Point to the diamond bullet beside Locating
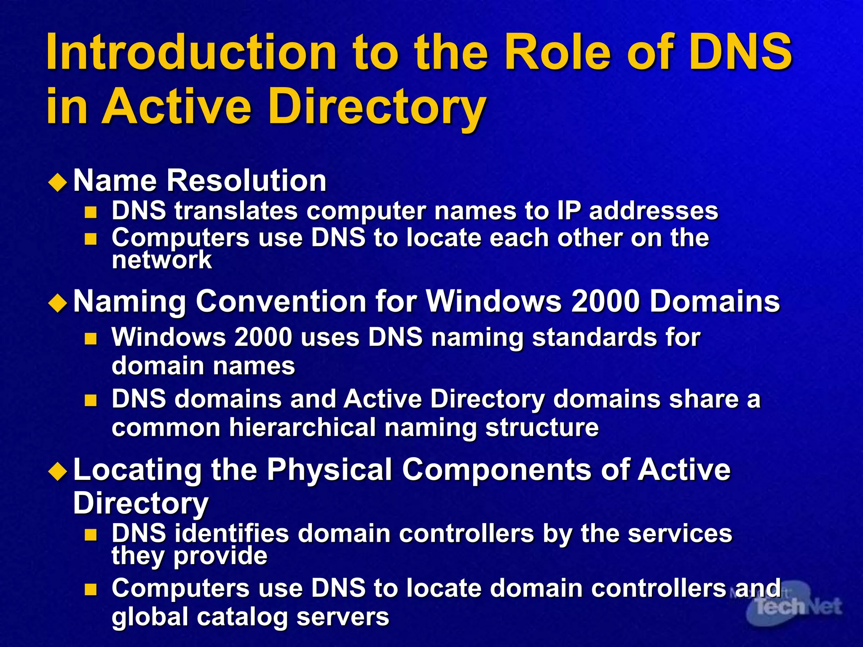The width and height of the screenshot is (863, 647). pos(58,471)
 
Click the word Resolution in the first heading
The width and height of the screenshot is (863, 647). pos(247,180)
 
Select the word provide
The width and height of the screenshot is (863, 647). pos(220,556)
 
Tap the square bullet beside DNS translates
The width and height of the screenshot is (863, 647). pos(91,212)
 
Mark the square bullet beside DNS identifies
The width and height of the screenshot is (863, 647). pos(91,535)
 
